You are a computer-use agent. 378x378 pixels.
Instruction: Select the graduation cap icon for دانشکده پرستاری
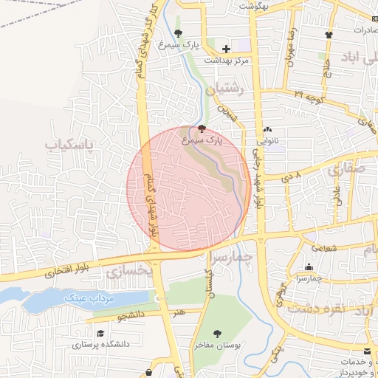pyautogui.click(x=100, y=333)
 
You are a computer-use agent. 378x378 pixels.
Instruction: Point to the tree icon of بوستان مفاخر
pyautogui.click(x=217, y=334)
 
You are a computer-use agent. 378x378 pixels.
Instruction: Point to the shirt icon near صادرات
pyautogui.click(x=329, y=34)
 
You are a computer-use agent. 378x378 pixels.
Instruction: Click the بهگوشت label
pyautogui.click(x=255, y=5)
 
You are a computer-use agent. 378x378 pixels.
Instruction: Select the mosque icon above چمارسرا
pyautogui.click(x=308, y=267)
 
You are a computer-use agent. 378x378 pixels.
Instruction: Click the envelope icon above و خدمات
pyautogui.click(x=368, y=349)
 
